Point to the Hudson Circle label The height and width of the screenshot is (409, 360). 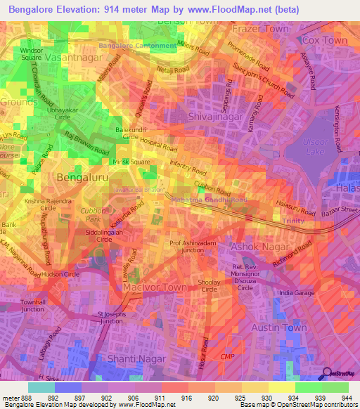tap(62, 274)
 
